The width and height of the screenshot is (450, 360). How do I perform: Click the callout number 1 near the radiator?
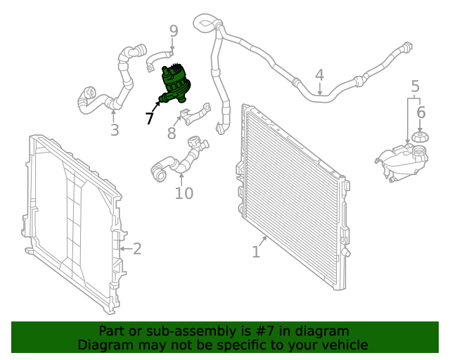[256, 250]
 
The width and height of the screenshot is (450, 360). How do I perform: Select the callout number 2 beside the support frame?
[137, 248]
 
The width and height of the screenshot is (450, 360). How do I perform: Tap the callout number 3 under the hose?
[114, 129]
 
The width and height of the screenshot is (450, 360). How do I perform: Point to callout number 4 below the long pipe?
[319, 75]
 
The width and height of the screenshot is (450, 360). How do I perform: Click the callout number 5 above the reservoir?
[415, 86]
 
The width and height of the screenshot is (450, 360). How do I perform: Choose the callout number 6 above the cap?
[420, 112]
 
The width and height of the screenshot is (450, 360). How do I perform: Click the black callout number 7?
[149, 118]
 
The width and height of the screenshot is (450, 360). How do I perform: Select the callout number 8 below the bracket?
[172, 133]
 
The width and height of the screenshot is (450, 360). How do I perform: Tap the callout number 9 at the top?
[174, 31]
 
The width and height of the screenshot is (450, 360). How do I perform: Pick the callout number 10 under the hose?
[184, 192]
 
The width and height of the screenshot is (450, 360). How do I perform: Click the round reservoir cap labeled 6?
[420, 136]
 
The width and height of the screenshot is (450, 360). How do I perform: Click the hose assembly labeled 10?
[179, 159]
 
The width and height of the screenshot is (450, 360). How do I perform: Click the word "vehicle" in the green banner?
[344, 345]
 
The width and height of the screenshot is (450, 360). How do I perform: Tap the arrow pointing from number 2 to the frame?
[124, 248]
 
